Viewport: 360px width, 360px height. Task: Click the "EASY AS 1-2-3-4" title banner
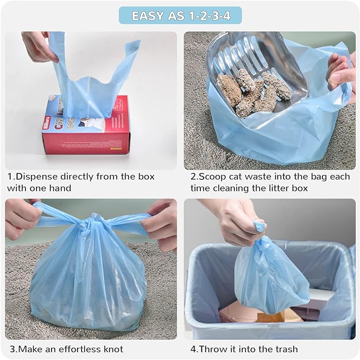180,15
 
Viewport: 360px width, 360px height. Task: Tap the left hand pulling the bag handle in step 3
21,217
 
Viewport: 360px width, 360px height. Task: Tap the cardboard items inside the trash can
239,313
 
